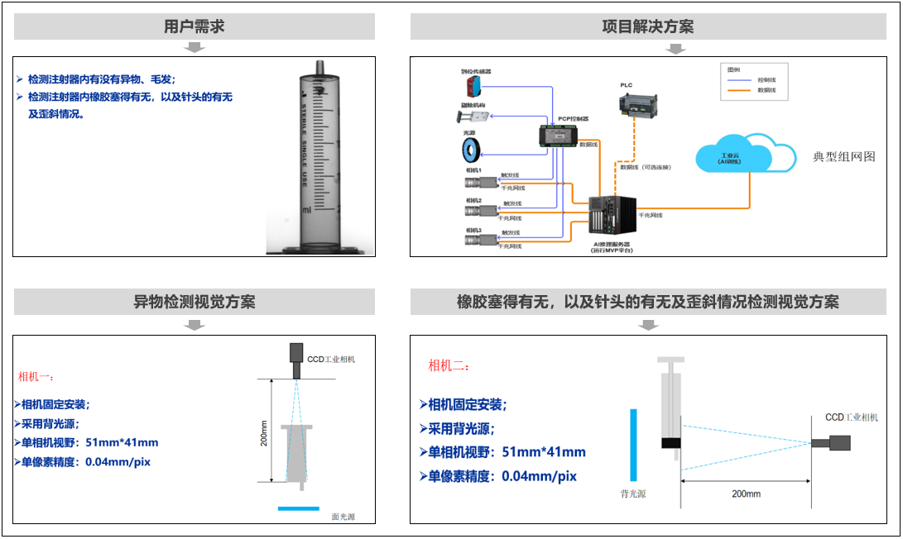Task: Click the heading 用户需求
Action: click(x=195, y=26)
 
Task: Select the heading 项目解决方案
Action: click(x=647, y=26)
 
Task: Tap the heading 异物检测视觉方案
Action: click(x=195, y=302)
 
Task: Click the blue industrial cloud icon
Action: click(x=732, y=156)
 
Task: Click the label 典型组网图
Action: click(x=843, y=157)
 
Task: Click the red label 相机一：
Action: click(x=36, y=377)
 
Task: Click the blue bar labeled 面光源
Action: click(x=299, y=508)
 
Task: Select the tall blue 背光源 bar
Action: click(x=634, y=444)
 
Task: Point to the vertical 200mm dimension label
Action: click(x=264, y=432)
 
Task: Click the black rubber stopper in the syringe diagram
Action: click(x=670, y=443)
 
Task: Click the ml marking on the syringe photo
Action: click(x=306, y=209)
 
